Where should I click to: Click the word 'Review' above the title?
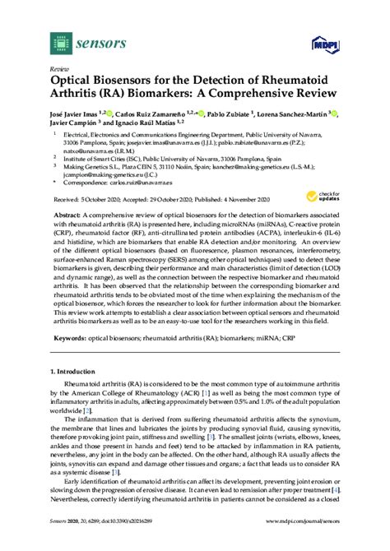(59, 71)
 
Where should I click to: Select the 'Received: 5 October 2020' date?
(91, 201)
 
